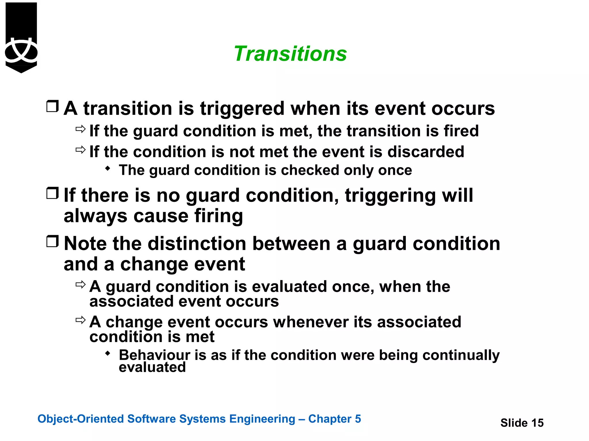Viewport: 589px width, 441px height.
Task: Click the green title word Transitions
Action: pyautogui.click(x=290, y=54)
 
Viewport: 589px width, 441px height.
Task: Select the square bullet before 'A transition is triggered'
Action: pyautogui.click(x=52, y=106)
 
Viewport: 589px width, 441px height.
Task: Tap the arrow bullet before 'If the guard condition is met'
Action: pyautogui.click(x=81, y=129)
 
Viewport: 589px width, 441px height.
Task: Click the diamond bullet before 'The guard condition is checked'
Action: pyautogui.click(x=108, y=169)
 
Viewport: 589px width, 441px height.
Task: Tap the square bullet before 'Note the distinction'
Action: pyautogui.click(x=52, y=241)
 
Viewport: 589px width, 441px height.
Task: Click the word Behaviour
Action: pyautogui.click(x=154, y=355)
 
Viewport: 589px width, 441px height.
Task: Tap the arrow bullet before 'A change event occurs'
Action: pyautogui.click(x=81, y=320)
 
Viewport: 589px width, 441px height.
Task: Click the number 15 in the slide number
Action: pyautogui.click(x=537, y=423)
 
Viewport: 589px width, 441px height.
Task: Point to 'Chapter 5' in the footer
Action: pyautogui.click(x=334, y=419)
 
